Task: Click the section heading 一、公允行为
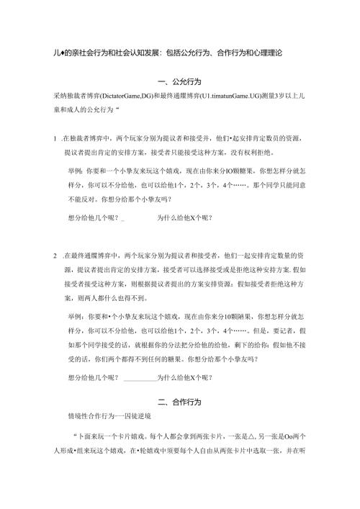pos(180,84)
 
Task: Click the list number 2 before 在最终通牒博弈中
pos(55,256)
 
